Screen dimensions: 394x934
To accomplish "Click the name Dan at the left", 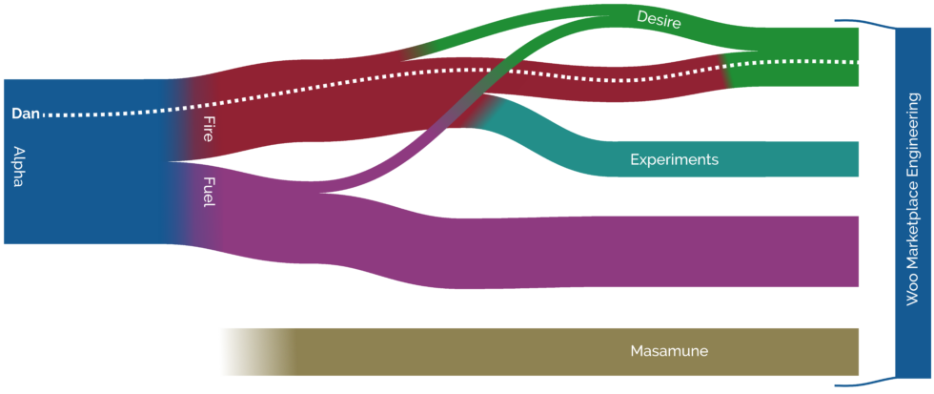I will tap(24, 114).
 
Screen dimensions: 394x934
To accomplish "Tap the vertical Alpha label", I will tap(18, 166).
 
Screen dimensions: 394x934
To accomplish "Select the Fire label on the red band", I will tap(209, 129).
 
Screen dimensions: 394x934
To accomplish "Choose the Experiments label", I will tap(674, 159).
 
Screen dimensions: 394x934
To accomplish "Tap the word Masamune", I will tap(669, 351).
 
